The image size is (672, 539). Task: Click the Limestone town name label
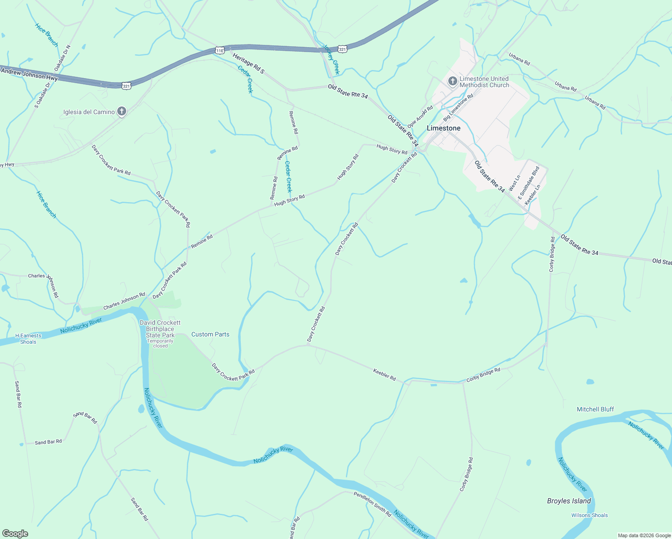pos(443,128)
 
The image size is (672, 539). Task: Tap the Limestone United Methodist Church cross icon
pos(453,81)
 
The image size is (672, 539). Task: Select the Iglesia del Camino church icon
pos(121,111)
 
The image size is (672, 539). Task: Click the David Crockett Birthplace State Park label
pos(160,329)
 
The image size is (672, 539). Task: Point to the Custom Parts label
pos(210,334)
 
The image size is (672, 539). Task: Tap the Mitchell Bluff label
pos(595,409)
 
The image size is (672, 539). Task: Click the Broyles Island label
pos(569,501)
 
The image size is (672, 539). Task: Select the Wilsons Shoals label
pos(589,515)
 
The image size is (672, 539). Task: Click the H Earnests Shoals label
pos(28,339)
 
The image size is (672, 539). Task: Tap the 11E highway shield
pos(220,50)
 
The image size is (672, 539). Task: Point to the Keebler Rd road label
pos(385,375)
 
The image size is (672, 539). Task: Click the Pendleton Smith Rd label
pos(372,504)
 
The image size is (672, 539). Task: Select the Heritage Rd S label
pos(248,63)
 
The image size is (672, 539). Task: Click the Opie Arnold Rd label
pos(420,116)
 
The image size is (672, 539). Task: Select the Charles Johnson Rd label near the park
pos(124,301)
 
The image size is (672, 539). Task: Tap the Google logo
pos(15,533)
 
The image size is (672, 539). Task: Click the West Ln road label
pos(514,183)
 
